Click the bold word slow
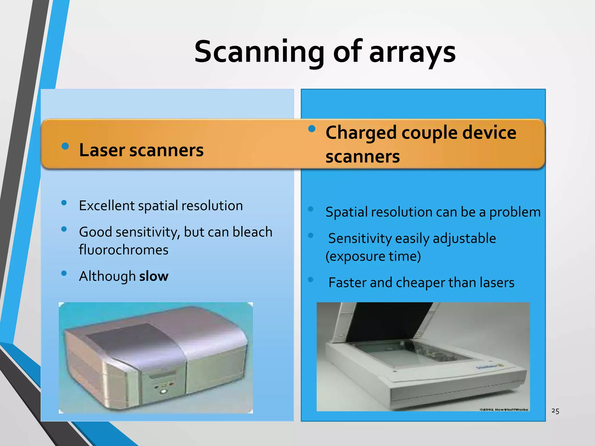[x=154, y=276]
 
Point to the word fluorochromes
[x=123, y=250]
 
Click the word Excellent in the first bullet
[x=106, y=206]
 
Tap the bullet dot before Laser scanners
[x=65, y=146]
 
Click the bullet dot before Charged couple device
[x=312, y=129]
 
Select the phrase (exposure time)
[x=373, y=256]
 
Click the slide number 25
[x=555, y=411]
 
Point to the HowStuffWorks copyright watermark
[x=503, y=409]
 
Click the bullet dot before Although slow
[x=64, y=273]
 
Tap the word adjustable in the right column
[x=464, y=239]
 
